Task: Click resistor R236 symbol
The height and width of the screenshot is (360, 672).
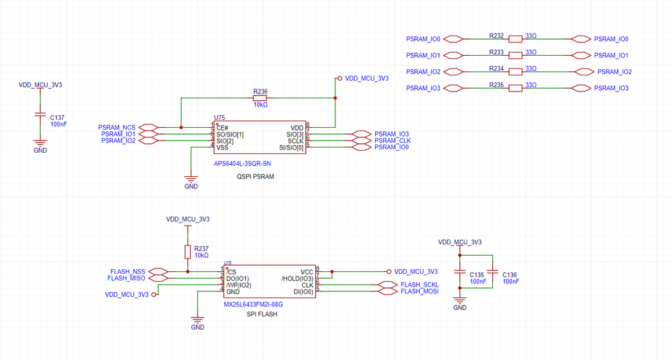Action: click(260, 98)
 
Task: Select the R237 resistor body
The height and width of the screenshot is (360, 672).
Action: click(187, 252)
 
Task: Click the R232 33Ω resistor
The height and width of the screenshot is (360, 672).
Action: click(516, 39)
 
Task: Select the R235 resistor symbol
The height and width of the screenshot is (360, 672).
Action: click(516, 88)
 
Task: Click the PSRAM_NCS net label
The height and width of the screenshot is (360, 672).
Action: click(116, 127)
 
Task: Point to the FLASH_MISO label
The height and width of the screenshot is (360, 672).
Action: click(126, 278)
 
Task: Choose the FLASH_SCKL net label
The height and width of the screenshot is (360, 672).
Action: click(419, 285)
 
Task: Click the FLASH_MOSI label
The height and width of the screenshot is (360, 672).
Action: click(419, 291)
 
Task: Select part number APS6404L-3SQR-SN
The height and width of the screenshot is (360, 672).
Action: click(242, 163)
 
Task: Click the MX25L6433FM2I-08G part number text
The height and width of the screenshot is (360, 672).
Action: click(253, 304)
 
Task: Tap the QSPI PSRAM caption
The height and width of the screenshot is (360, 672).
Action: click(255, 177)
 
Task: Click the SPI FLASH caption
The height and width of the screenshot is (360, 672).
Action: click(262, 314)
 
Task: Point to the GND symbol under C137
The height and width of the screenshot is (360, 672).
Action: click(40, 143)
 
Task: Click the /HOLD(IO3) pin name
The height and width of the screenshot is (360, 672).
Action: click(297, 278)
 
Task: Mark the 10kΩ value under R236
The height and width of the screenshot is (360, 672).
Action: click(260, 105)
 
